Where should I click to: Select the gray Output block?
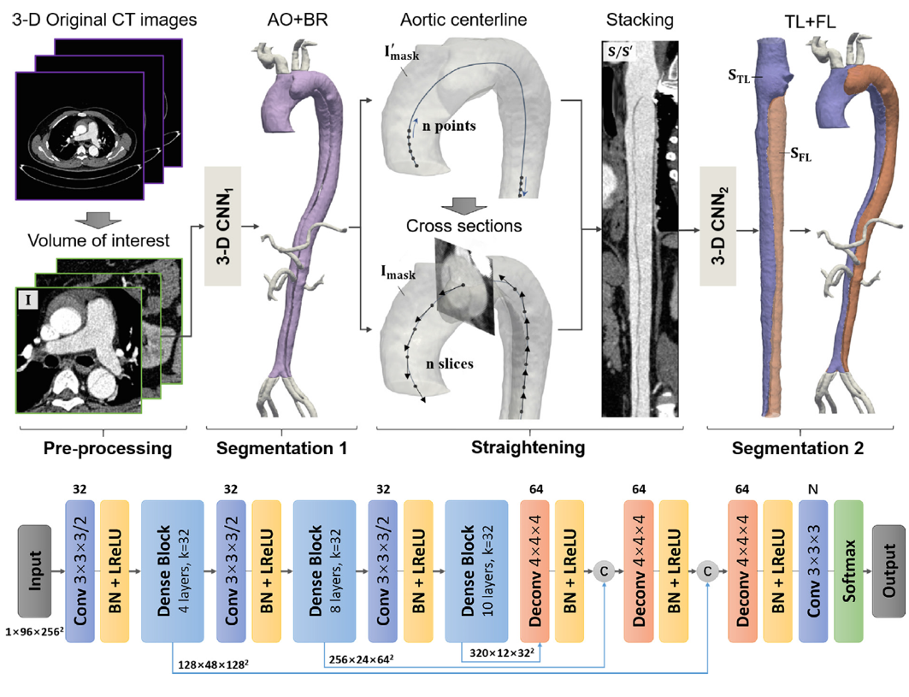point(889,570)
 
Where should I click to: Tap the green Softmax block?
point(851,570)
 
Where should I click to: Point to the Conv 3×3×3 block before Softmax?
point(813,570)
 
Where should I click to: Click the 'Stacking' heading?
point(639,20)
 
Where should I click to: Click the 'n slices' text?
point(450,363)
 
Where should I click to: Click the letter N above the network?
point(813,492)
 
